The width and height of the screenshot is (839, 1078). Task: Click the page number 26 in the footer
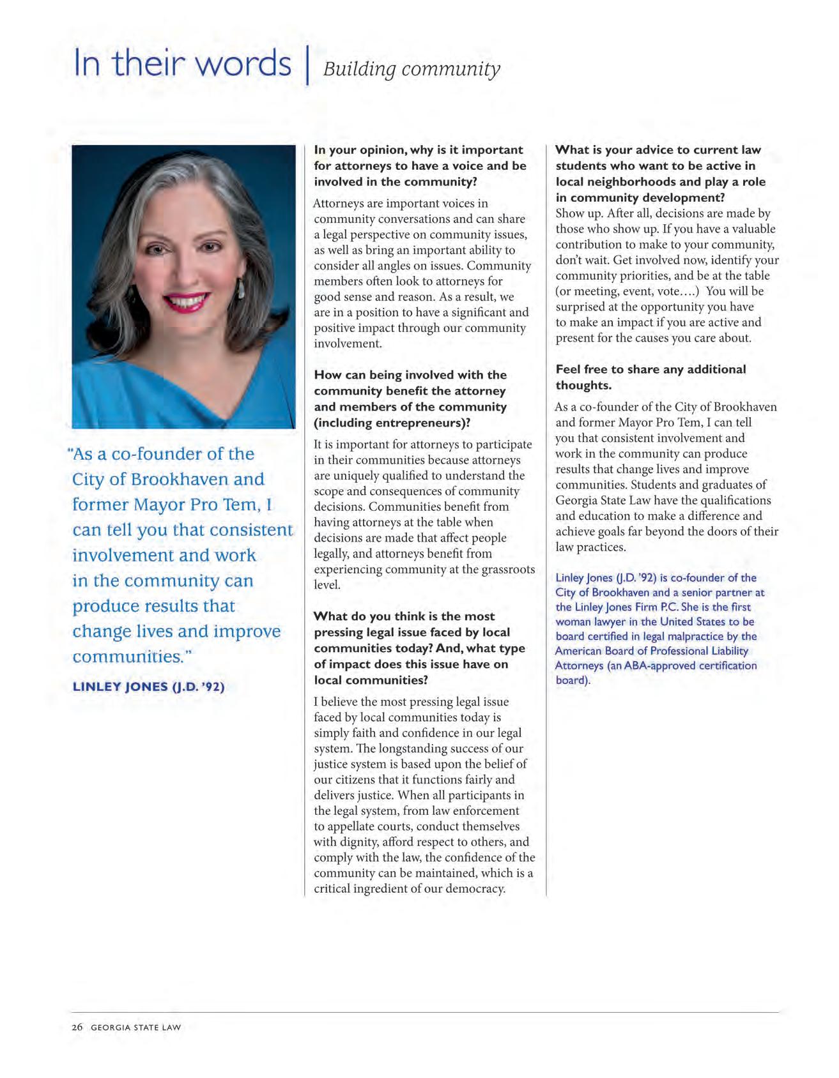tap(77, 1028)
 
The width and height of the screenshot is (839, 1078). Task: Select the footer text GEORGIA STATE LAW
tap(135, 1028)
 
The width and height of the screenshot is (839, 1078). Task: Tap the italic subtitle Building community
tap(412, 69)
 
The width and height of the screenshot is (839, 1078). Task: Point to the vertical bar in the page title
tap(307, 64)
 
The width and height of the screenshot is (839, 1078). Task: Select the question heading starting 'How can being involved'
tap(410, 399)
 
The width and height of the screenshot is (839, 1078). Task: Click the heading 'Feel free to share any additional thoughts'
tap(650, 377)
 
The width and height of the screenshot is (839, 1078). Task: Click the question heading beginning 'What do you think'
tap(412, 648)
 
